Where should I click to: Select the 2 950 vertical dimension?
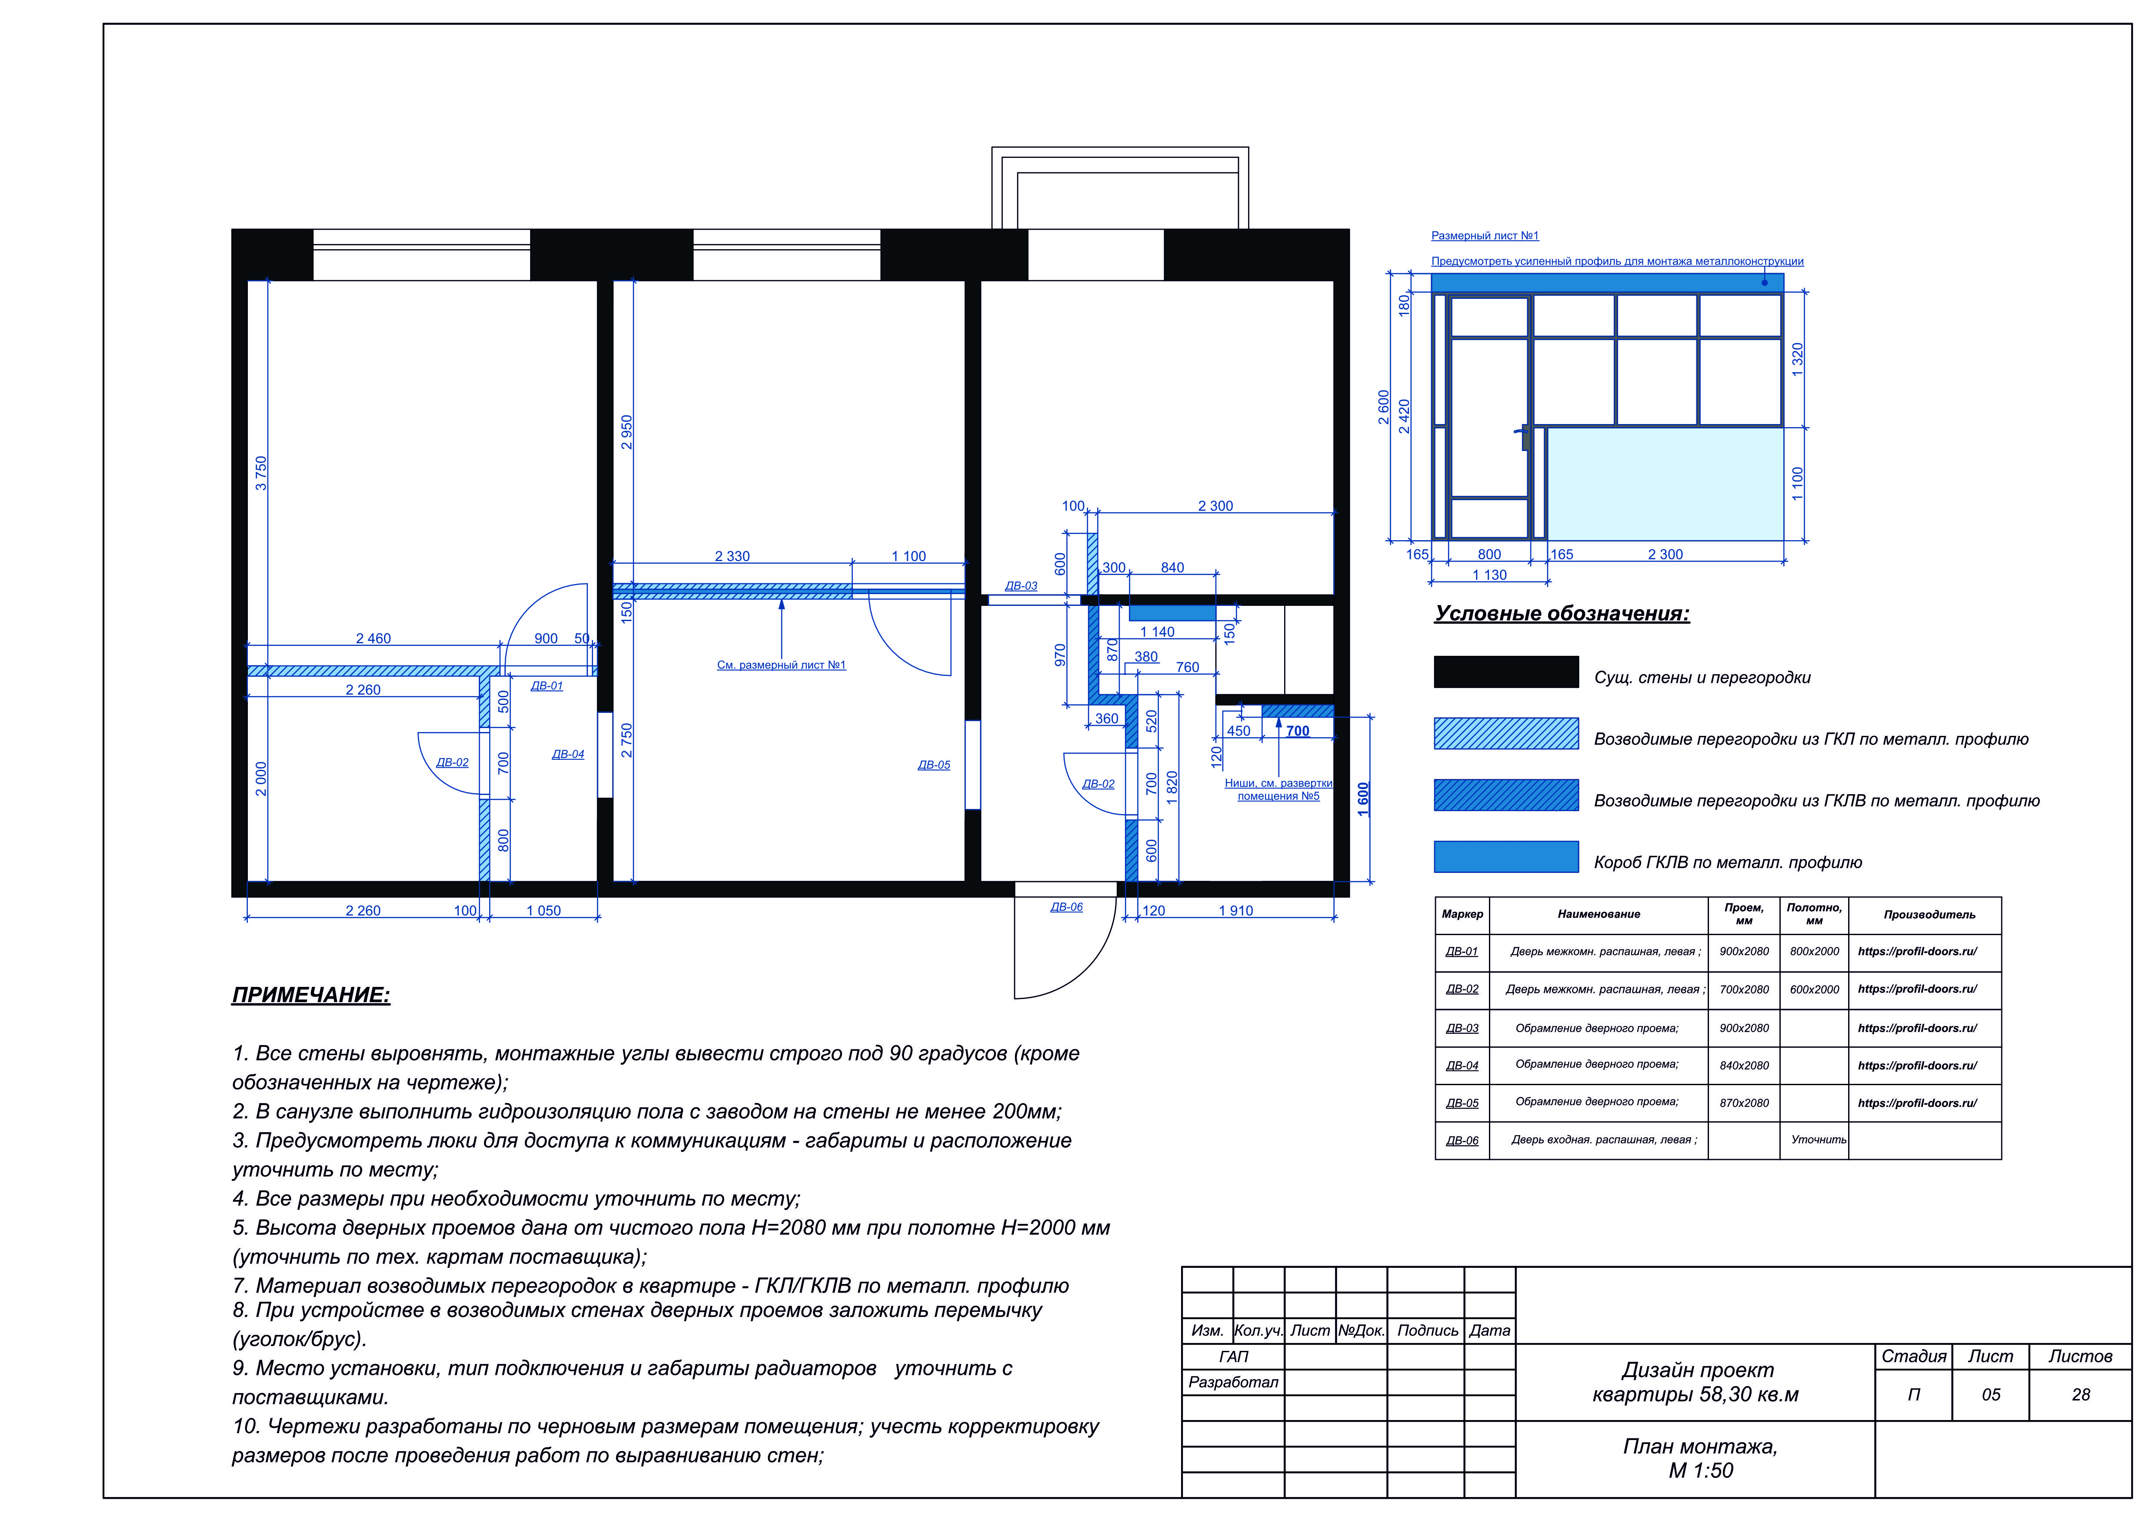(x=626, y=432)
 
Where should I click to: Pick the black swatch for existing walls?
(x=1506, y=672)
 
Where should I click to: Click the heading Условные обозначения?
(x=1562, y=614)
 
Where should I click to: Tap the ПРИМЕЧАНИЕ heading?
(x=311, y=996)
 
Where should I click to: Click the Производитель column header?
(x=1929, y=915)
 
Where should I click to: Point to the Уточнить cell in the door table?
(x=1818, y=1140)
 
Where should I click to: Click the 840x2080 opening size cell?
(x=1744, y=1066)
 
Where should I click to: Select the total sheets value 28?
(x=2081, y=1395)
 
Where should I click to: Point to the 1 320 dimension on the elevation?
(x=1797, y=360)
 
